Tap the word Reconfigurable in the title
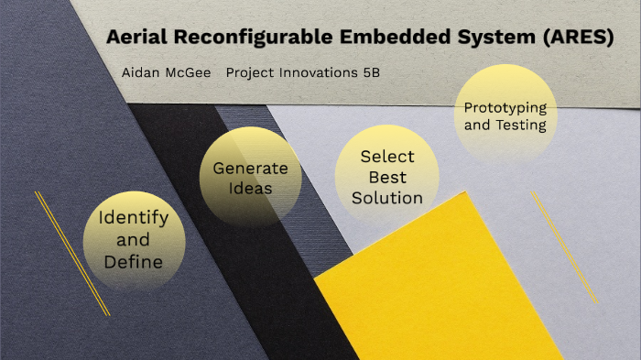point(237,38)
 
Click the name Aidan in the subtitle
point(141,71)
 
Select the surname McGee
point(189,71)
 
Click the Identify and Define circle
point(134,240)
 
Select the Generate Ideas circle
point(250,178)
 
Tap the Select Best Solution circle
point(387,177)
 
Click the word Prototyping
point(505,107)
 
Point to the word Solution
point(387,197)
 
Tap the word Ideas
point(250,189)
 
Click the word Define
point(134,262)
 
